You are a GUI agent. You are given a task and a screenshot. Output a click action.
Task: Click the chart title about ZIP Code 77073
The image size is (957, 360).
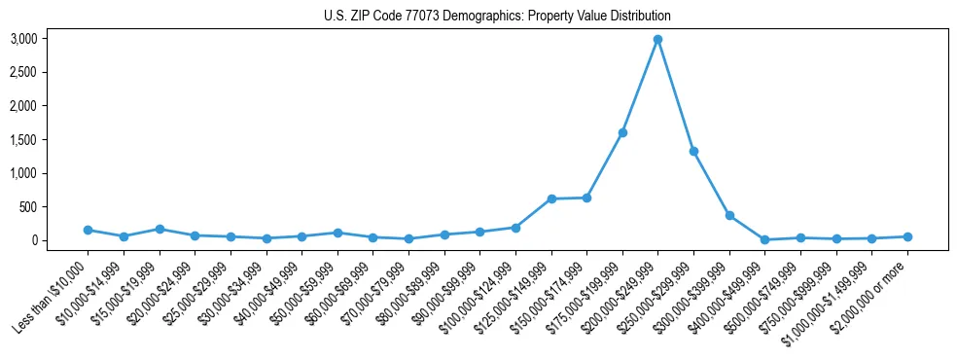click(497, 17)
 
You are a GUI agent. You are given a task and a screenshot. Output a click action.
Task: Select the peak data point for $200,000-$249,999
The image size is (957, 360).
click(658, 40)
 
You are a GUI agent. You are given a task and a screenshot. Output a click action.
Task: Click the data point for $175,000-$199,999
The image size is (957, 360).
click(622, 132)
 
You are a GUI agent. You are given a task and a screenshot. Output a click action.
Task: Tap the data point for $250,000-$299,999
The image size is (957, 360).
click(693, 152)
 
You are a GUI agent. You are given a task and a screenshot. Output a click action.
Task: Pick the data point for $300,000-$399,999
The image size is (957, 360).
click(729, 216)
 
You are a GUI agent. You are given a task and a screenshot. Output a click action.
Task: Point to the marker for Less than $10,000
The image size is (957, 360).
click(88, 231)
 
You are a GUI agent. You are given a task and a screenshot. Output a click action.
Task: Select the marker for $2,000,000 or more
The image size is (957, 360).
click(907, 236)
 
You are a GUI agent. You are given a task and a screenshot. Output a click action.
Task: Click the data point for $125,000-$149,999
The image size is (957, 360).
click(551, 198)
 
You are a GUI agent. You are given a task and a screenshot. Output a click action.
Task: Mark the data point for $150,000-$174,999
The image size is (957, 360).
click(586, 198)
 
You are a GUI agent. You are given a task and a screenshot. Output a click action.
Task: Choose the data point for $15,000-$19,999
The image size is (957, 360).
click(159, 229)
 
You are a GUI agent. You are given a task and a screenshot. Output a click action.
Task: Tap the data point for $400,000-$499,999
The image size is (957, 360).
click(765, 239)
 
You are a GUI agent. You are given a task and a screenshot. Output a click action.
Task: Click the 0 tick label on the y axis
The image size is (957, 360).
click(60, 240)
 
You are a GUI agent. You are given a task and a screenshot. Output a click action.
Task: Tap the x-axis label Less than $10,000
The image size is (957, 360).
click(51, 295)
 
